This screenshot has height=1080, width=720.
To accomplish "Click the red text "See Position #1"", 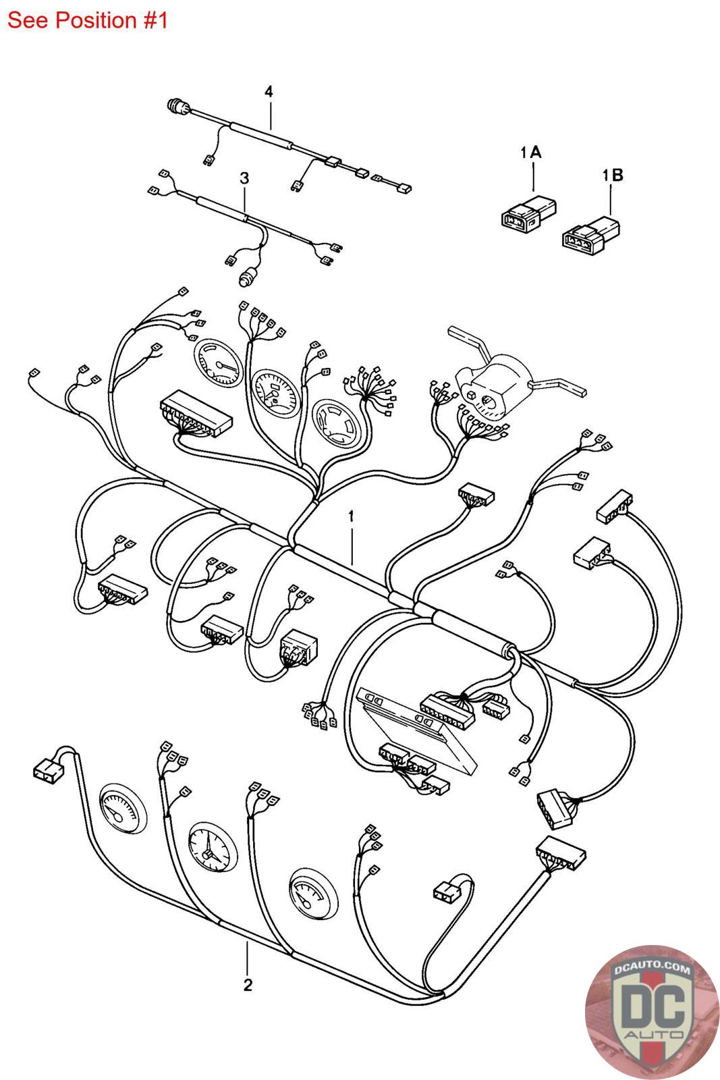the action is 87,21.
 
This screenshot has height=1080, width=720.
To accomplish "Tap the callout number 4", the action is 269,92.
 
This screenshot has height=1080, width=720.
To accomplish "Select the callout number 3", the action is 244,178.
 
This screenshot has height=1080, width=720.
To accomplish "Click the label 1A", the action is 531,153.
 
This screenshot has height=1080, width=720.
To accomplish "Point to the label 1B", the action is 613,175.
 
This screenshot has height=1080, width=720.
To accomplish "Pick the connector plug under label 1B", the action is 590,236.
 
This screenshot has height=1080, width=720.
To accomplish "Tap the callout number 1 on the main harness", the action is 352,516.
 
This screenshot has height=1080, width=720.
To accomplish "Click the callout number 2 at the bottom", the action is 248,985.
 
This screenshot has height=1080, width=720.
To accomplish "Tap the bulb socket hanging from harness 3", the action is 248,278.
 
